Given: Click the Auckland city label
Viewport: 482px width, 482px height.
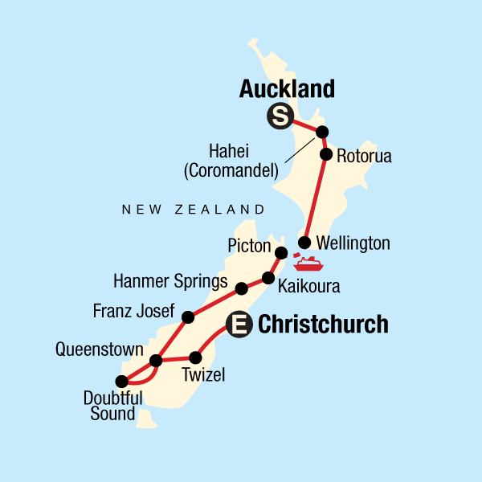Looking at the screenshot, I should click(287, 89).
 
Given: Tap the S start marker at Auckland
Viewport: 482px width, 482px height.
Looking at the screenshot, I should click(279, 117).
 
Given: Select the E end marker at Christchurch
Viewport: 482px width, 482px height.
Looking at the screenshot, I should click(239, 325).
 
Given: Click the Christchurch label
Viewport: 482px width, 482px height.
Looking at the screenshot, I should click(323, 325).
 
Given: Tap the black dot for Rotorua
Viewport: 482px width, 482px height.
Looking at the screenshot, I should click(326, 154).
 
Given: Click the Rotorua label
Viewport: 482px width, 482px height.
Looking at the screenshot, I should click(364, 157).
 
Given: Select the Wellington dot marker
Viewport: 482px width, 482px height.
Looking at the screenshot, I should click(304, 243).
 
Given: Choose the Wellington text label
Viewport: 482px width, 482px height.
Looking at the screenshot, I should click(353, 243).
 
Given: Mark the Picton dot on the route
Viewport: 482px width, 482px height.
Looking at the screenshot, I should click(281, 253).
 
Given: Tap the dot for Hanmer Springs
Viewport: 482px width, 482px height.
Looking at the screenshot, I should click(241, 288).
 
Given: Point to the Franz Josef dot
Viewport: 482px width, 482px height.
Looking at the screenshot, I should click(187, 317).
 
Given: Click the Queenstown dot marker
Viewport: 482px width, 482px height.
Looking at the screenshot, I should click(157, 361).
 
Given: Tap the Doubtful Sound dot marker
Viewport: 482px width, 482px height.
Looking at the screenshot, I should click(121, 381).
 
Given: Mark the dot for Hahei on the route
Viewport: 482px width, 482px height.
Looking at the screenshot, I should click(322, 132).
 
